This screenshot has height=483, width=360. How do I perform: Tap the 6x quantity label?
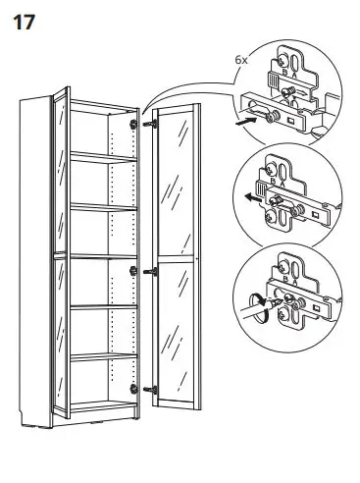tap(242, 60)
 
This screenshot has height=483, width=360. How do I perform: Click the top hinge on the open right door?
tap(149, 126)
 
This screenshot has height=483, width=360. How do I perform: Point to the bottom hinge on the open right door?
tap(149, 390)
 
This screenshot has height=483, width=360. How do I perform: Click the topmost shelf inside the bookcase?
tap(103, 155)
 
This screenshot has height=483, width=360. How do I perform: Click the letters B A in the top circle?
tap(285, 72)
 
